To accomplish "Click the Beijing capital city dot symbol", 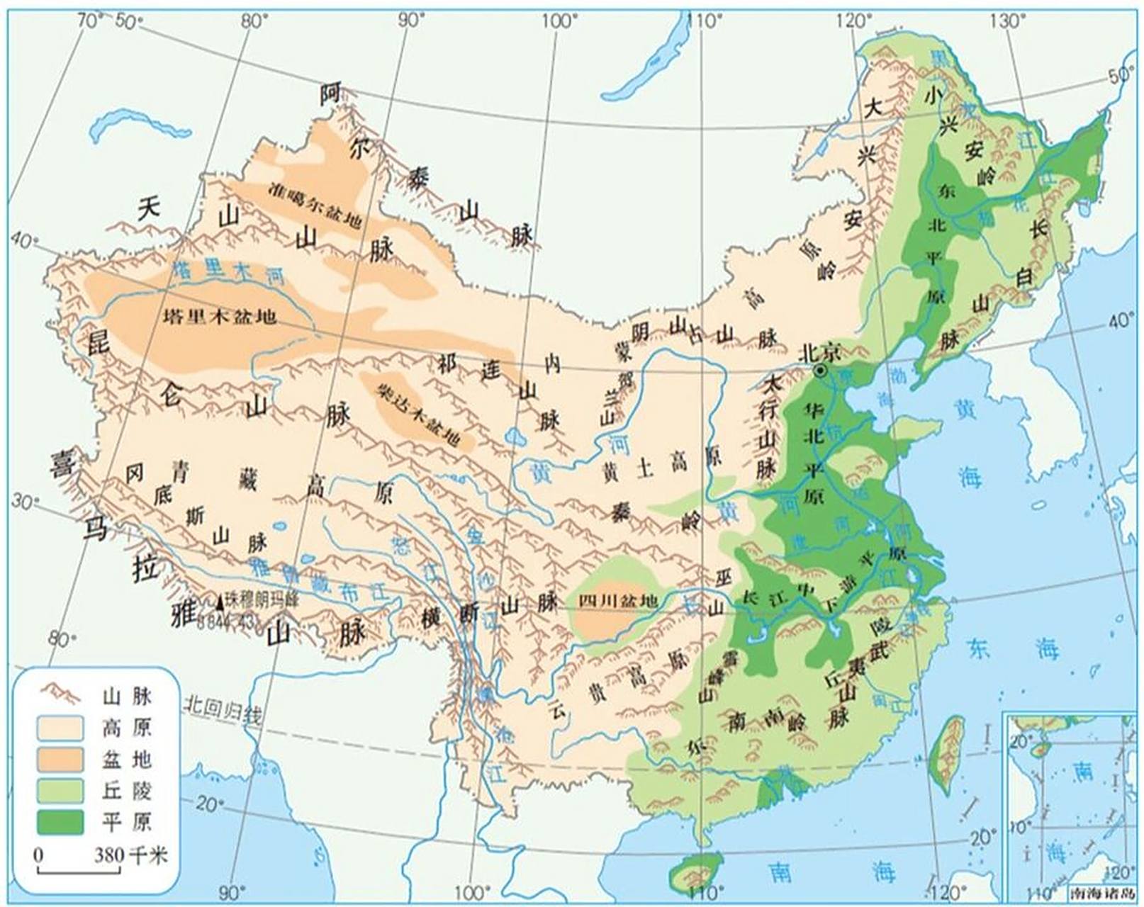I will point(820,371).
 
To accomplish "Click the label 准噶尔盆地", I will point(315,205).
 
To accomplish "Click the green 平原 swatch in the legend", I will point(60,821).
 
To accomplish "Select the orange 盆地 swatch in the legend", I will point(60,759).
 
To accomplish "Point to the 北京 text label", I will point(819,351).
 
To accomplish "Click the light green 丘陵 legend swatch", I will point(60,790).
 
